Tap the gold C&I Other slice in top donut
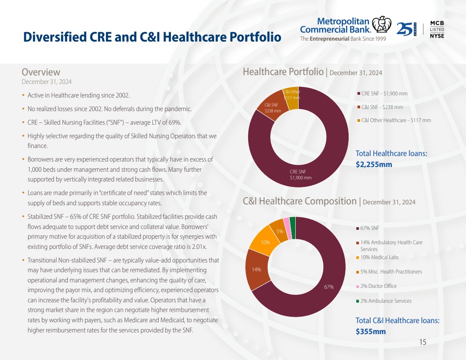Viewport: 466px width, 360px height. click(x=291, y=95)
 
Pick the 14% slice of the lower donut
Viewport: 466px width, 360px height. click(x=257, y=269)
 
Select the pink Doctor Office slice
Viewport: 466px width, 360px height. click(x=286, y=222)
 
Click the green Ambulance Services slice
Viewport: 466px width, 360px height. click(x=292, y=221)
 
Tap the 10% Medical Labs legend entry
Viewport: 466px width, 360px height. click(x=379, y=257)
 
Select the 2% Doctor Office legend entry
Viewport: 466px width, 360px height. click(x=378, y=286)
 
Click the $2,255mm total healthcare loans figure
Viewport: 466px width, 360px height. click(x=374, y=164)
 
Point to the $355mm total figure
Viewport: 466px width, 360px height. click(x=371, y=331)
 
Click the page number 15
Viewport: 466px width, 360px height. click(x=422, y=342)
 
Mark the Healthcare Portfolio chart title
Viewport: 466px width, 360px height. click(x=283, y=72)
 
